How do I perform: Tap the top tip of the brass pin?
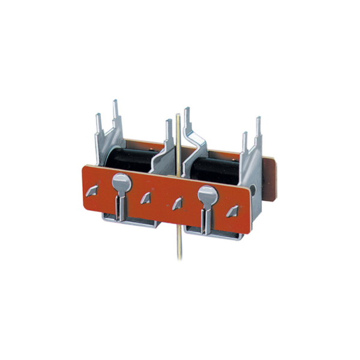click(x=178, y=113)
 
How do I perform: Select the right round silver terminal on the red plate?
click(x=207, y=193)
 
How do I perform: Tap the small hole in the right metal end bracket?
click(x=257, y=188)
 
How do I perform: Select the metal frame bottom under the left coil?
click(x=129, y=223)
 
